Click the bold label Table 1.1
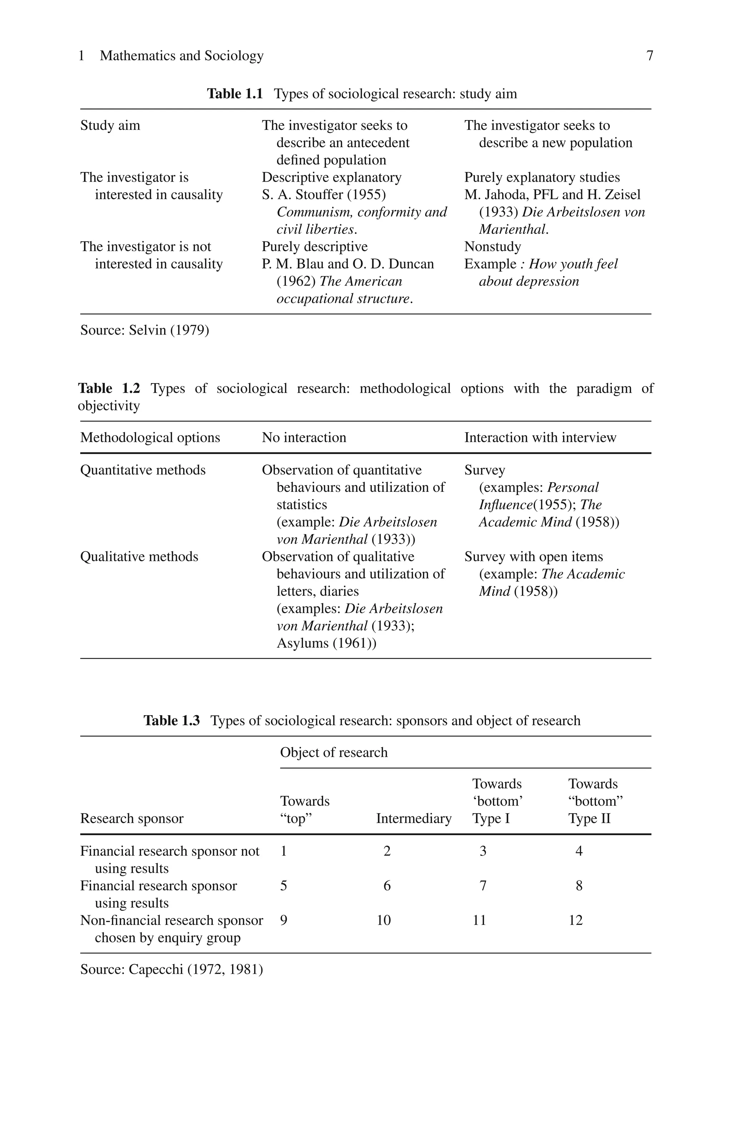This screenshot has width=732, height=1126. point(235,94)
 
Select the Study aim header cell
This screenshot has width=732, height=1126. point(110,125)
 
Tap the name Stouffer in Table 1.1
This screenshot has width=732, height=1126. point(320,194)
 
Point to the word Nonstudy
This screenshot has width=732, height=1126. point(493,247)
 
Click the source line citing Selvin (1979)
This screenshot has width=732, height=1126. point(144,330)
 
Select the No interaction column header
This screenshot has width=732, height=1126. point(304,437)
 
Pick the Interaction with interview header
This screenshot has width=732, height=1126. point(540,437)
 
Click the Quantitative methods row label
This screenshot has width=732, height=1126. point(143,470)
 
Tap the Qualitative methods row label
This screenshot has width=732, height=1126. point(139,556)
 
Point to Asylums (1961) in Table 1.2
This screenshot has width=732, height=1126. point(326,643)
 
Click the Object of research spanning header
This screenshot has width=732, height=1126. point(333,752)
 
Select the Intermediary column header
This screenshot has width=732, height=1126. point(414,819)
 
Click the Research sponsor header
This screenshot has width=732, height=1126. point(132,819)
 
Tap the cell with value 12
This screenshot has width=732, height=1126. point(575,920)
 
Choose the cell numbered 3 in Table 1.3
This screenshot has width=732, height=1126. point(483,851)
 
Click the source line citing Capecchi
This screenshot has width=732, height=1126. point(171,969)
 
